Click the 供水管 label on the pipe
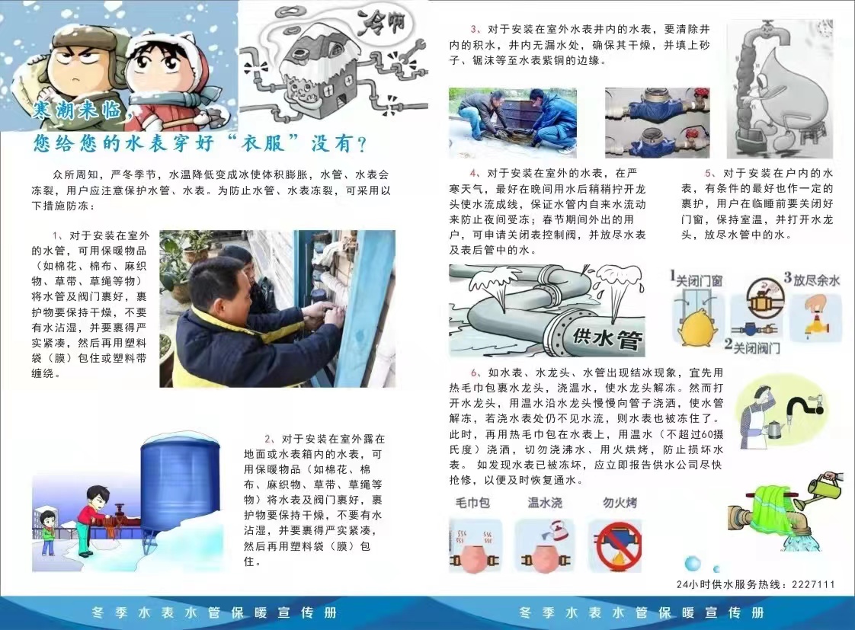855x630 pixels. pos(610,336)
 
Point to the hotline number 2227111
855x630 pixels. pos(814,584)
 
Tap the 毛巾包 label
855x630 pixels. pos(472,503)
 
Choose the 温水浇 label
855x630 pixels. pos(545,503)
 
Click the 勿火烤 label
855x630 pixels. pos(620,503)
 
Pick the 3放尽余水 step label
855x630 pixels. pos(812,280)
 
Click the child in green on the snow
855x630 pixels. pos(48,532)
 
